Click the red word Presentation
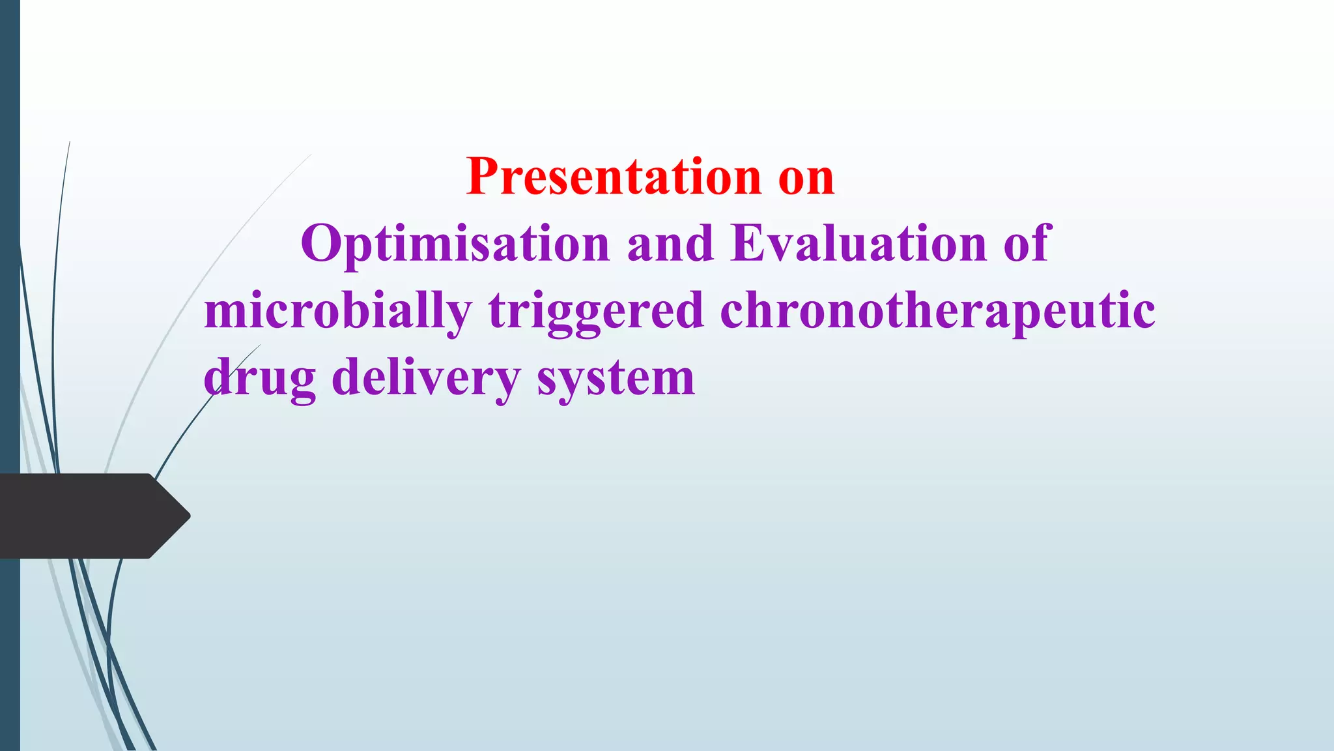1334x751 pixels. pyautogui.click(x=614, y=178)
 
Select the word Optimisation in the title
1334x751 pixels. pyautogui.click(x=455, y=245)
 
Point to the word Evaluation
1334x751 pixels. pyautogui.click(x=859, y=243)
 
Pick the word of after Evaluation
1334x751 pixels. pyautogui.click(x=1027, y=242)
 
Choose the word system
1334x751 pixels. pyautogui.click(x=616, y=382)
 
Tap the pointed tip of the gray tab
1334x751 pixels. pyautogui.click(x=190, y=516)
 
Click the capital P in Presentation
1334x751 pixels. pyautogui.click(x=483, y=177)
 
